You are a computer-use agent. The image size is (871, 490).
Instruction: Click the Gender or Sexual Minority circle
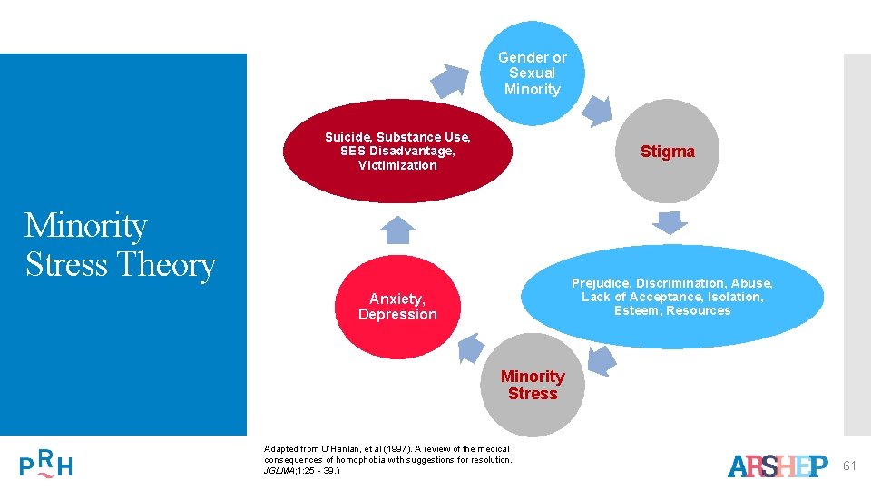pyautogui.click(x=533, y=73)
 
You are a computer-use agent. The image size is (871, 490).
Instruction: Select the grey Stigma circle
pyautogui.click(x=668, y=152)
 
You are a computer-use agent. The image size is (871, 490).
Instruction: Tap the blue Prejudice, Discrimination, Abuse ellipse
pyautogui.click(x=672, y=297)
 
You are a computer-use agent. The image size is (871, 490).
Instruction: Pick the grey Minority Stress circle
pyautogui.click(x=533, y=386)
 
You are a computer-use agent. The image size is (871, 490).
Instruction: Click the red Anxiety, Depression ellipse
pyautogui.click(x=397, y=307)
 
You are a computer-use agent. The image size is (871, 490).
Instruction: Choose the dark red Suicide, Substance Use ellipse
pyautogui.click(x=397, y=152)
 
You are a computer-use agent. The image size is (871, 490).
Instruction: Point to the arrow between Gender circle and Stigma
pyautogui.click(x=595, y=109)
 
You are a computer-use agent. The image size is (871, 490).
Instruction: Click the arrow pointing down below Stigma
pyautogui.click(x=670, y=222)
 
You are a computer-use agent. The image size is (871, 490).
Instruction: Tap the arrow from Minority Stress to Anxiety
pyautogui.click(x=469, y=348)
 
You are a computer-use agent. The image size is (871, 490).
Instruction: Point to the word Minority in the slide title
pyautogui.click(x=85, y=225)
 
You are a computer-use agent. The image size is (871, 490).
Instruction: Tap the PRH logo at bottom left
pyautogui.click(x=45, y=464)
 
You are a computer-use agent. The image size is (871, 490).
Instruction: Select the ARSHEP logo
pyautogui.click(x=778, y=466)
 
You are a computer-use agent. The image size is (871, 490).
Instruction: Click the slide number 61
pyautogui.click(x=850, y=466)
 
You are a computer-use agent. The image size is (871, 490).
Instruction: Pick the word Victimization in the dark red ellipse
pyautogui.click(x=397, y=166)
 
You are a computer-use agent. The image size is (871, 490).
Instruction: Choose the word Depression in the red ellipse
pyautogui.click(x=397, y=315)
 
